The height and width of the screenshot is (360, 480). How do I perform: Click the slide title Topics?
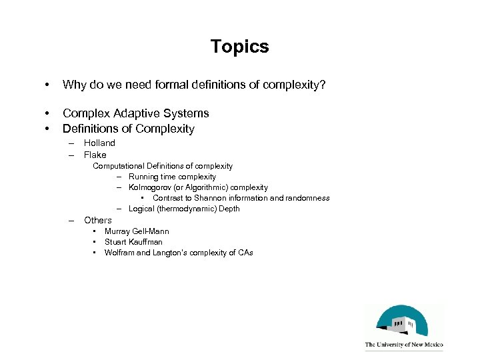point(239,47)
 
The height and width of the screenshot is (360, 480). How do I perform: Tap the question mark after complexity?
point(323,85)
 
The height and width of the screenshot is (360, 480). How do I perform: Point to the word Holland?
point(99,143)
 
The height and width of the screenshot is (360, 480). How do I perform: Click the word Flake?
point(95,155)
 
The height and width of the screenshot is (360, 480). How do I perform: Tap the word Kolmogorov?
point(151,187)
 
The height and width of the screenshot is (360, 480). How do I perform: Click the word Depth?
point(229,209)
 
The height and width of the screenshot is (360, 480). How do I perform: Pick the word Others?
point(98,220)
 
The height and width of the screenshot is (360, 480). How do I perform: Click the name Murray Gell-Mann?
point(137,231)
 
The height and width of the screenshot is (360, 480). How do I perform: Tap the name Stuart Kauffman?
point(133,242)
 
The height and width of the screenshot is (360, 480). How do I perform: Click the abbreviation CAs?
point(244,253)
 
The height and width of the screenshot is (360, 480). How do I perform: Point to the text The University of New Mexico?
point(404,345)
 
